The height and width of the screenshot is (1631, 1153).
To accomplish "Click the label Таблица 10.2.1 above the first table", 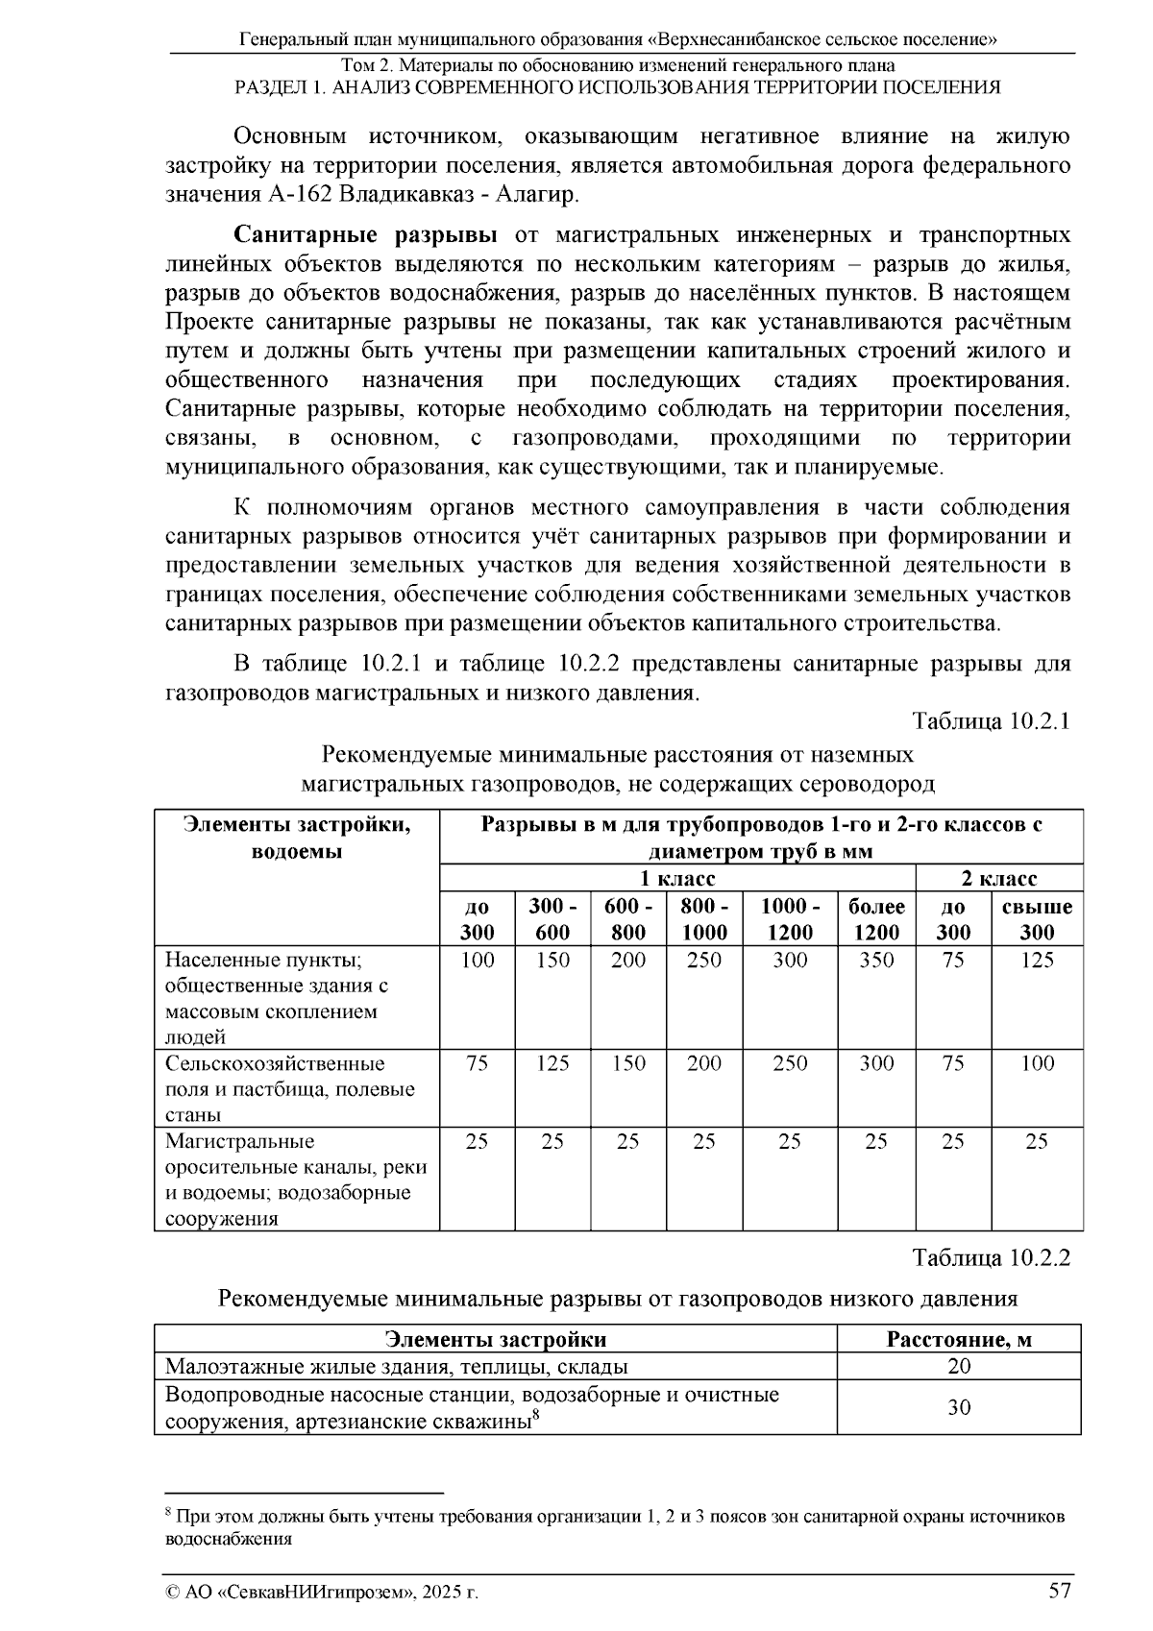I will tap(991, 721).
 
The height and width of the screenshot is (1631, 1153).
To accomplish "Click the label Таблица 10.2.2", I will tap(991, 1257).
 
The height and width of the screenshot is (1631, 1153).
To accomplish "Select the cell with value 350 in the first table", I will tap(875, 960).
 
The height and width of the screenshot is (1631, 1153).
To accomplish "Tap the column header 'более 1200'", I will tap(875, 919).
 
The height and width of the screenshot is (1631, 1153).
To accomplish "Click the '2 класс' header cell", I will tap(999, 879).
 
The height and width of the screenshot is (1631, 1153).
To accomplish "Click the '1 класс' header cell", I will tap(677, 879).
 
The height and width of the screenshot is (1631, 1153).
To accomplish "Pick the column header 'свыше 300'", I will tap(1037, 919).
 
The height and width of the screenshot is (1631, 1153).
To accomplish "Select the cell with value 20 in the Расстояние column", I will tap(958, 1367).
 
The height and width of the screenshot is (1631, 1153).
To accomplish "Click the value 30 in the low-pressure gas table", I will tap(958, 1408).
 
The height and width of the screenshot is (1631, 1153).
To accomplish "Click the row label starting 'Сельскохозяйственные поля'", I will tap(289, 1088).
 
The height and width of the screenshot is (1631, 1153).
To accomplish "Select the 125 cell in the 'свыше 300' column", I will tap(1037, 960).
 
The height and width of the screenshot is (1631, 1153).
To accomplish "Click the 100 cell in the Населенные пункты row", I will tap(477, 960).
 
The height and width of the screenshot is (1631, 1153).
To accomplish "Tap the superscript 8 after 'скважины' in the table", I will tap(535, 1414).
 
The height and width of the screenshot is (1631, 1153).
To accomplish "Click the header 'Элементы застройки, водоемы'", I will tap(296, 838).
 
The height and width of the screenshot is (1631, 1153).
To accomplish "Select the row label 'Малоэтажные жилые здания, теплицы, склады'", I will tap(397, 1367).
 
